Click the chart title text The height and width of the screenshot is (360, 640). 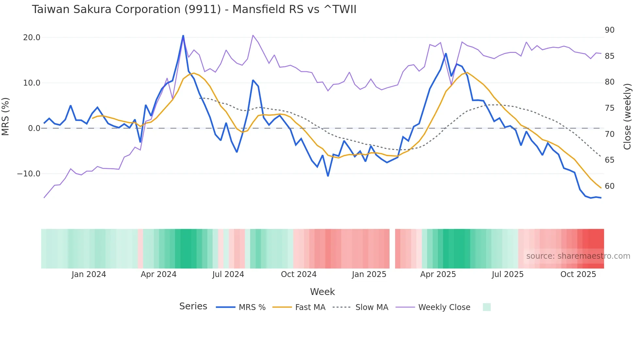tap(194, 9)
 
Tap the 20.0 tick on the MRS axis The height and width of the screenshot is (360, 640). tap(32, 38)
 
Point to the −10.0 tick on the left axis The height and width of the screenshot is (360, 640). tap(29, 174)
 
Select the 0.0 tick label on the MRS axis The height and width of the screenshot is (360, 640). tap(34, 128)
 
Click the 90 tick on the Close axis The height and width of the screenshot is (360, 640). tap(609, 30)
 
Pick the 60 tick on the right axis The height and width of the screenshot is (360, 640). tap(609, 186)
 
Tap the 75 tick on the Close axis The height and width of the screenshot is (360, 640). tap(609, 108)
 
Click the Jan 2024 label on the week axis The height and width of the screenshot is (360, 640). tap(89, 274)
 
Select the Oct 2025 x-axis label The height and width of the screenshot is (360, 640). tap(578, 274)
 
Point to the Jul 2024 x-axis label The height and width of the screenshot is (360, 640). tap(228, 274)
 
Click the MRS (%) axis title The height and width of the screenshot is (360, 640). tap(6, 116)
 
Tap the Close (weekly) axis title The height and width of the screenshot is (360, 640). tap(627, 117)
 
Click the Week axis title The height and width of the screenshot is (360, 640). tap(322, 292)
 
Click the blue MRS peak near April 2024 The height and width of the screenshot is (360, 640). tap(183, 36)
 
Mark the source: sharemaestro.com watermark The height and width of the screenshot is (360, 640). tap(578, 256)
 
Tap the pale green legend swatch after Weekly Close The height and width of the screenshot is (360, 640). tap(487, 307)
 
